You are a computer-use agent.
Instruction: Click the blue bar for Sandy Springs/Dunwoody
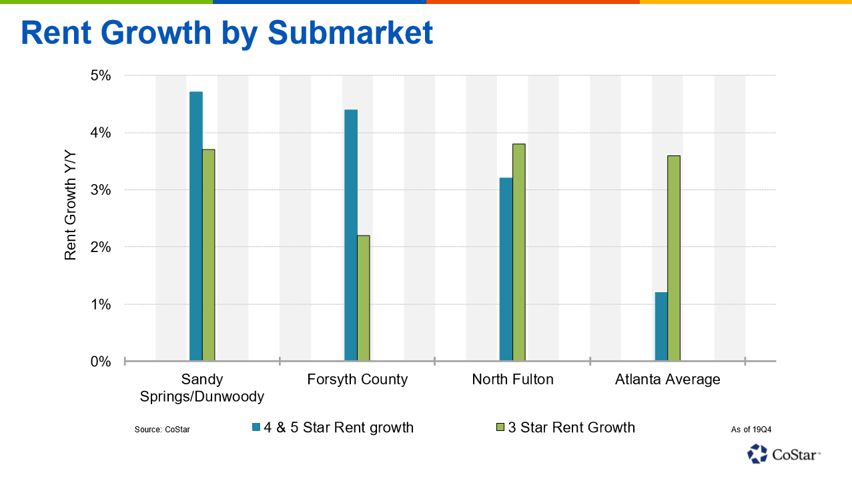coord(195,227)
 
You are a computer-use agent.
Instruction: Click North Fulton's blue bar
coord(506,270)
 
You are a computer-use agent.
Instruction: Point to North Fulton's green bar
coord(518,253)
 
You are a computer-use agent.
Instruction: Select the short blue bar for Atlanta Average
coord(661,327)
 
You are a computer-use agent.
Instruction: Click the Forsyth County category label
coord(357,380)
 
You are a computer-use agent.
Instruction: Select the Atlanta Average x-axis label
coord(667,380)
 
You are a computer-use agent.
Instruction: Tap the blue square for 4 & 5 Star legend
coord(256,428)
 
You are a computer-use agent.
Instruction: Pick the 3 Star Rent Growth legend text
coord(571,428)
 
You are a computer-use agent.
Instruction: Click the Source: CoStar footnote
coord(162,429)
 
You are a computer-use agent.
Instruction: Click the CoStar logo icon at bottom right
coord(758,454)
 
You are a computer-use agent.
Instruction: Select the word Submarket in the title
coord(350,32)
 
